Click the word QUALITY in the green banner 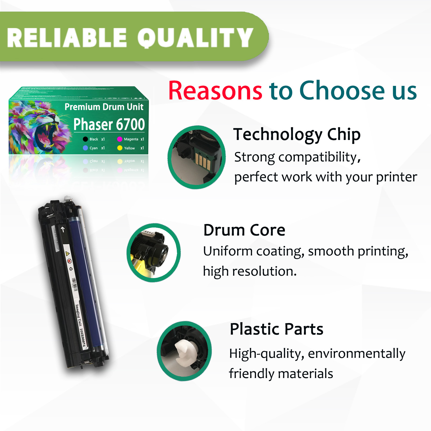(x=195, y=38)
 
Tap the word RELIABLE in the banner (x=67, y=38)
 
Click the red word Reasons (x=215, y=91)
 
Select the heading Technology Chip (x=297, y=134)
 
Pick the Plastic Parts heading (x=276, y=329)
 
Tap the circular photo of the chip (x=197, y=157)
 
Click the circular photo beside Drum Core (x=153, y=253)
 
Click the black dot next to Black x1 (x=85, y=139)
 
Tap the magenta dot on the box (x=120, y=139)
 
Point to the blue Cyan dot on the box (x=85, y=148)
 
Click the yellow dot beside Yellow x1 (x=120, y=148)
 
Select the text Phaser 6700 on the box (x=109, y=124)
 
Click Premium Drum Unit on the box (x=104, y=107)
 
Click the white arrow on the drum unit (x=63, y=229)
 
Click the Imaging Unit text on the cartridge (x=78, y=315)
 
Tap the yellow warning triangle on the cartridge (x=68, y=253)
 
